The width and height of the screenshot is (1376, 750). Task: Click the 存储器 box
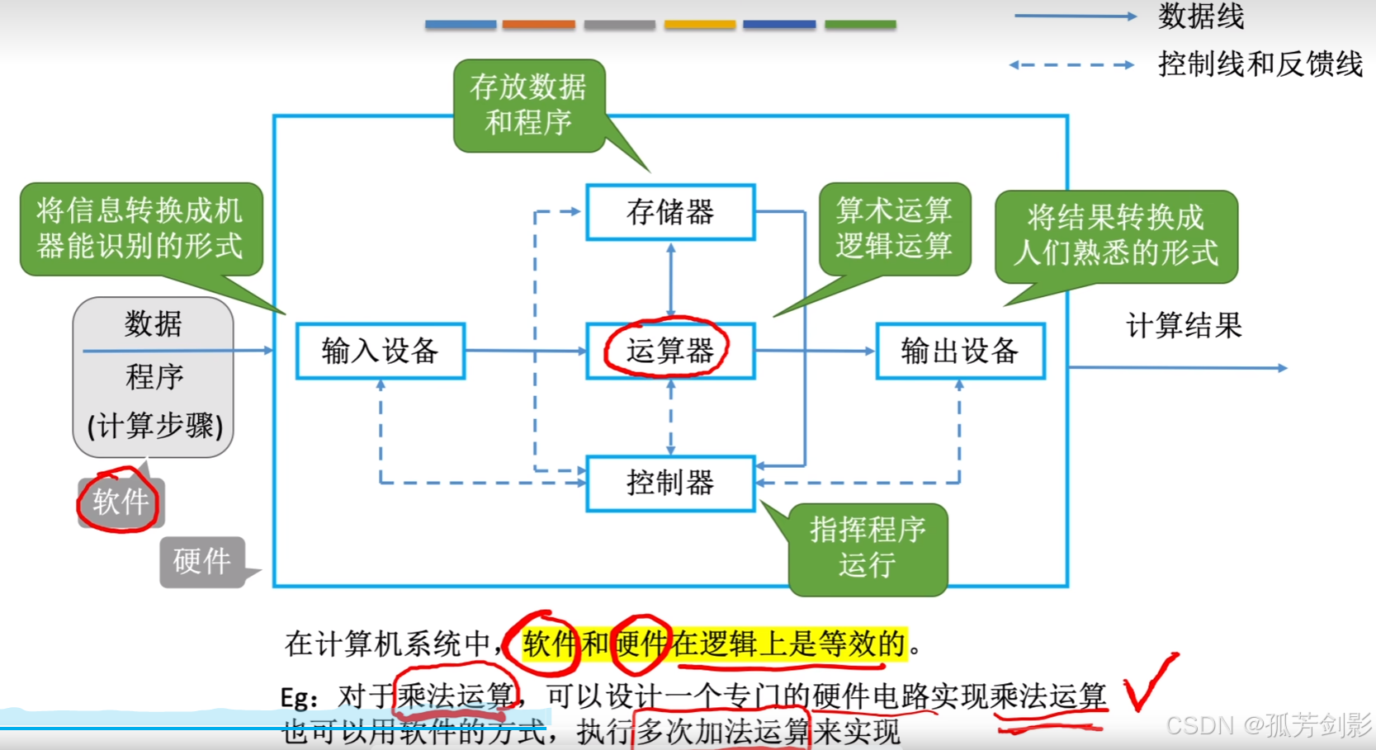click(x=670, y=212)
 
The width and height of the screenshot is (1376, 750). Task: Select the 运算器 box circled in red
click(x=669, y=351)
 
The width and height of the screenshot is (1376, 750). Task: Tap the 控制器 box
click(x=669, y=483)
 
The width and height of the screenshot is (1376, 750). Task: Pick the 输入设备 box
click(x=380, y=351)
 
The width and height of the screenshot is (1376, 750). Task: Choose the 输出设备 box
click(x=960, y=351)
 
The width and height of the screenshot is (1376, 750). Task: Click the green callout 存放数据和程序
click(x=528, y=105)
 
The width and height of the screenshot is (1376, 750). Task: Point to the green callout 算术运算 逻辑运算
click(x=894, y=228)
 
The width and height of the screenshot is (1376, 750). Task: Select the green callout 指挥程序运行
click(x=868, y=548)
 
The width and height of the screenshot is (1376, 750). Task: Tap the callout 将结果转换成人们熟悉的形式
click(x=1115, y=235)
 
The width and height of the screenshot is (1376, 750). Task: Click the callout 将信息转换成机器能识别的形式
click(x=140, y=228)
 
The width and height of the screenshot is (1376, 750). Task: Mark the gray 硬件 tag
click(x=201, y=562)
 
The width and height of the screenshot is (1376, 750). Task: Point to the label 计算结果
click(x=1184, y=326)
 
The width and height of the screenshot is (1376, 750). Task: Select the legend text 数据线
click(x=1201, y=16)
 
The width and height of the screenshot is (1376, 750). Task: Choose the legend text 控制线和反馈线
click(x=1260, y=64)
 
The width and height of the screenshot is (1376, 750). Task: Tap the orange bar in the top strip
click(x=538, y=25)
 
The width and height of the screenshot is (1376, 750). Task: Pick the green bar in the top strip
click(x=860, y=25)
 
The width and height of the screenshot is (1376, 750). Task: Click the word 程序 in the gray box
click(x=154, y=377)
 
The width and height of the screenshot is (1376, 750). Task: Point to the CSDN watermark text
click(x=1268, y=725)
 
